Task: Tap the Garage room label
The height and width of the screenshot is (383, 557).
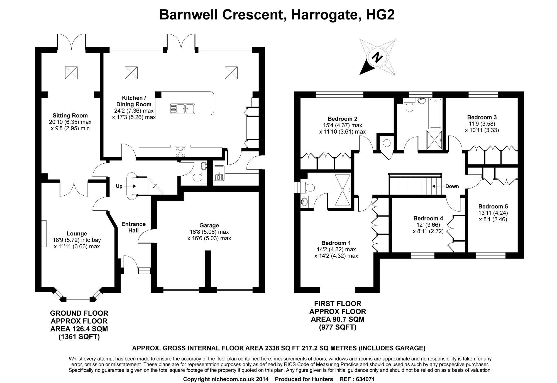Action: pos(209,225)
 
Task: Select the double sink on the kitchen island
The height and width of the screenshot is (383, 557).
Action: pos(182,108)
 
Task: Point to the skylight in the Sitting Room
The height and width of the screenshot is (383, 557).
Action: pos(71,73)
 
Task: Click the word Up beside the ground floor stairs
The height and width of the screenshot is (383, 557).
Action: pos(119,186)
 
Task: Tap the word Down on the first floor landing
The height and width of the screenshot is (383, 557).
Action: pos(452,186)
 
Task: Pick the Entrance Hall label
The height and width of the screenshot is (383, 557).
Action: pos(134,227)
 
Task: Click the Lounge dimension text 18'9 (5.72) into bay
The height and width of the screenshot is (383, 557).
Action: pos(77,240)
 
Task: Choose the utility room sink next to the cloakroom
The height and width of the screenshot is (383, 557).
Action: pos(219,173)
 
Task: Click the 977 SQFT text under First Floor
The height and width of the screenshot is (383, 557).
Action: pos(338,327)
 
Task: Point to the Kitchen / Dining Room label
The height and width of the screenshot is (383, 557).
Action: pos(134,101)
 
